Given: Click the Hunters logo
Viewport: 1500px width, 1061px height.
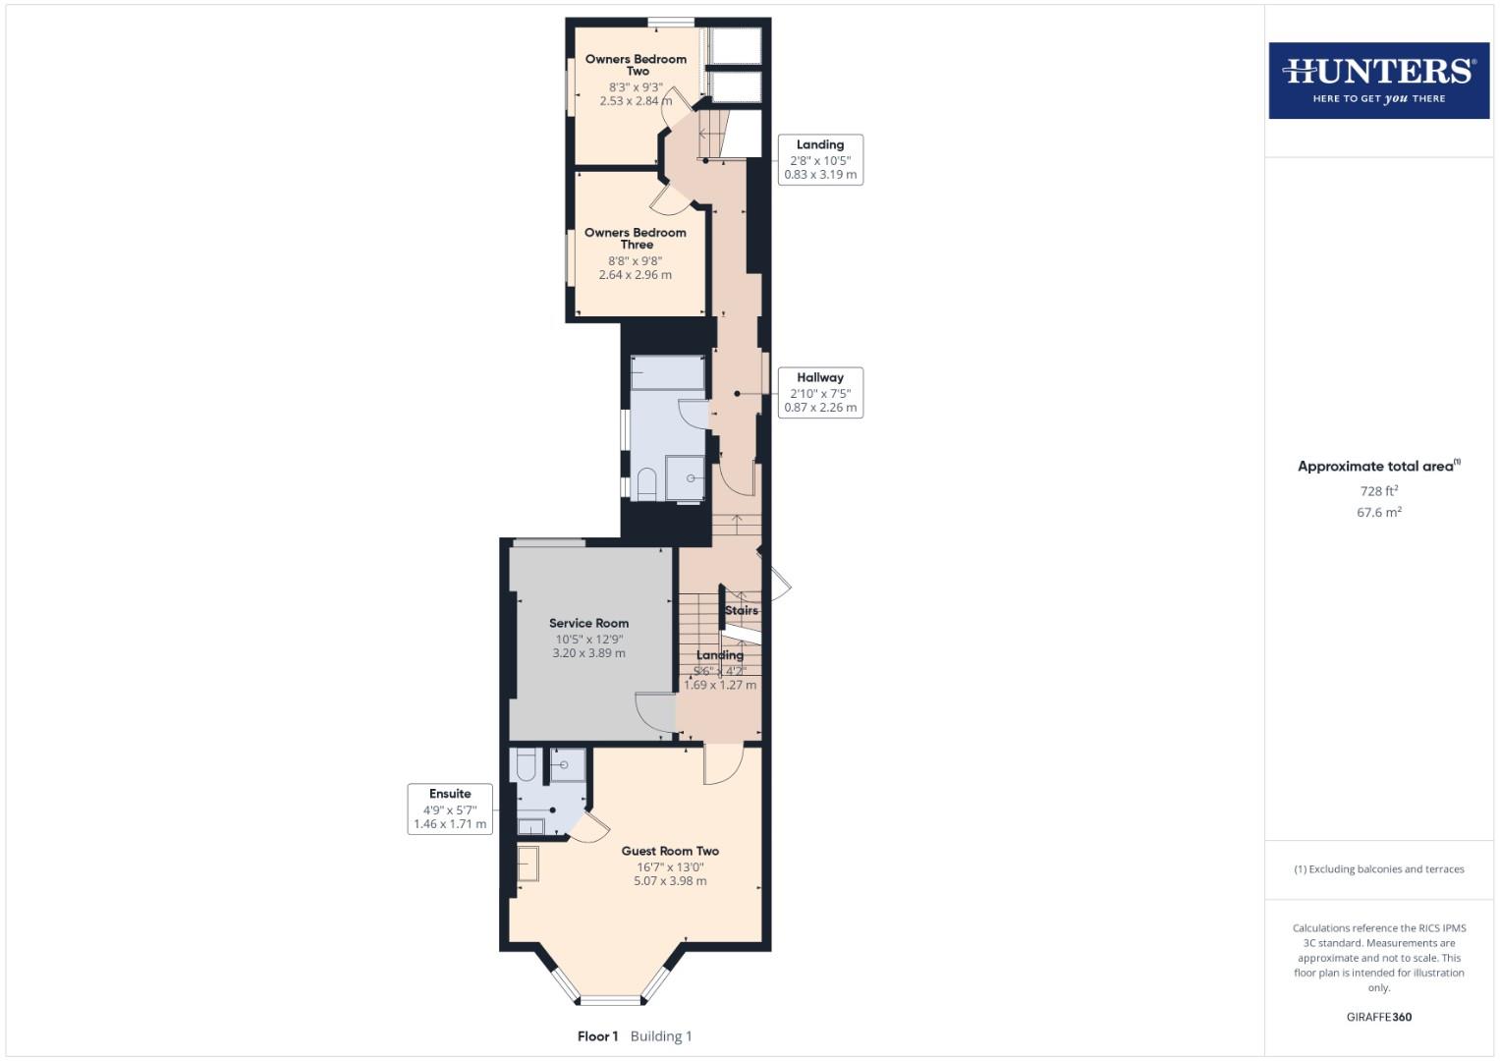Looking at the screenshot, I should tap(1378, 81).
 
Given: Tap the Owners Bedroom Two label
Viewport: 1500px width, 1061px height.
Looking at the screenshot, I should tap(636, 65).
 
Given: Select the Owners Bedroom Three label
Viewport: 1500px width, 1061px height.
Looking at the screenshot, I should tap(636, 239).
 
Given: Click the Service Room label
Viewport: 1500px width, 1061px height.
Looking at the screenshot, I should tap(588, 623).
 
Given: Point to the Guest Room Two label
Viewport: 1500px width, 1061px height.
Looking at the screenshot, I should tap(670, 852).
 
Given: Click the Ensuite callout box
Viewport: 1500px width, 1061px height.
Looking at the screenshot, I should tap(450, 809).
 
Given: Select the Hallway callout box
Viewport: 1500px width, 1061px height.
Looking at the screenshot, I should tap(820, 392).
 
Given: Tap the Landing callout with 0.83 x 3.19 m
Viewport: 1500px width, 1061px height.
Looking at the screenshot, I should tap(820, 159).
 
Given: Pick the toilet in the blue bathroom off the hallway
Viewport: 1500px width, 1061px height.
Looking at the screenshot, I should tap(646, 484).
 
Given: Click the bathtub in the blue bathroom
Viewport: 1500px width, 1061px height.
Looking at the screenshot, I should tap(667, 372).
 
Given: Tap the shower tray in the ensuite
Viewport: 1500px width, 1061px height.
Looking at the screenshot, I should tap(567, 764).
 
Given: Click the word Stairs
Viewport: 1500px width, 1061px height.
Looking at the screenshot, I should tap(742, 610).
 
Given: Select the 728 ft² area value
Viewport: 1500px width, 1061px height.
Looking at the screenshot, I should tap(1378, 491).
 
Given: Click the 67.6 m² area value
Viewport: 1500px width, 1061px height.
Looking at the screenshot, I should tap(1378, 512).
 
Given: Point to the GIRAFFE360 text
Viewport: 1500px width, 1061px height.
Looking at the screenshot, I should tap(1378, 1017).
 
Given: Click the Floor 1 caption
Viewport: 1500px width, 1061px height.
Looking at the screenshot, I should tap(597, 1036).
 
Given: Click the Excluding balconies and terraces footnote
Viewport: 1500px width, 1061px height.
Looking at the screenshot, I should tap(1378, 869).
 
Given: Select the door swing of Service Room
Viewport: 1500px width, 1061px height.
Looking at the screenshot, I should tap(653, 712).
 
